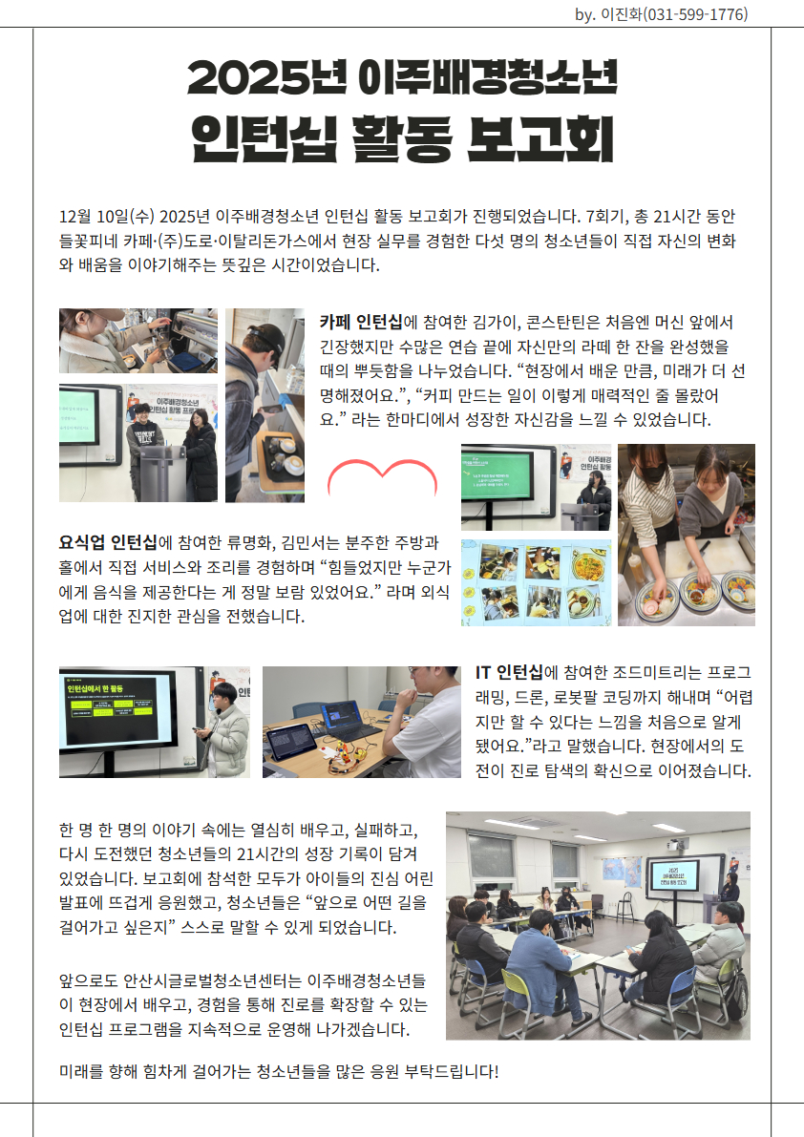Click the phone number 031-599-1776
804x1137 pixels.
[695, 13]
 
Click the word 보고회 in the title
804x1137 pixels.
[540, 138]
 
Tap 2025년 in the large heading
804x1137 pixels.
[266, 77]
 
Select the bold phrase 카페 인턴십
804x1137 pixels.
[361, 322]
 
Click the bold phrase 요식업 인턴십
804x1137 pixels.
[108, 542]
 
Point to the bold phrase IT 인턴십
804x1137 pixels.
[509, 673]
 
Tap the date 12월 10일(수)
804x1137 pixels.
[107, 216]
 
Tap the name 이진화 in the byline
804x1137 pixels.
[622, 13]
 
